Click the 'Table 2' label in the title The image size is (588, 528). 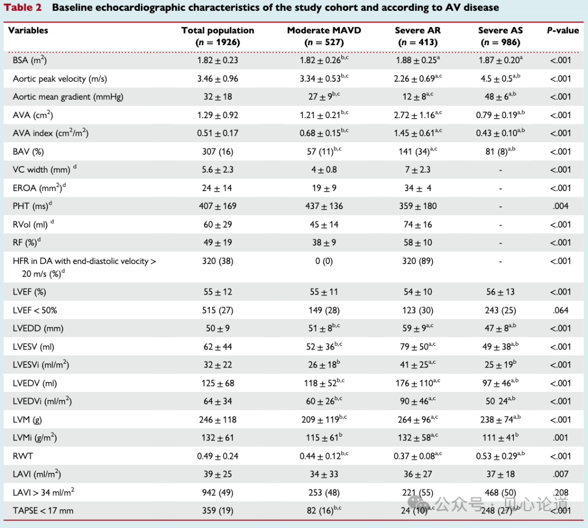(x=23, y=8)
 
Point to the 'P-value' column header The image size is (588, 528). (x=563, y=30)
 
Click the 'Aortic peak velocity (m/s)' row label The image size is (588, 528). (x=60, y=79)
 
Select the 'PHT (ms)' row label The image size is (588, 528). (x=32, y=206)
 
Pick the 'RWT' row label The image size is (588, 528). (x=23, y=456)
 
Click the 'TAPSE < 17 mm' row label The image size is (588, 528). (x=43, y=511)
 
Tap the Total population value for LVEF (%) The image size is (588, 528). (x=218, y=292)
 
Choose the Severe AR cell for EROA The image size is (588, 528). (x=418, y=188)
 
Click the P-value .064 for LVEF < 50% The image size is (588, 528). (x=561, y=310)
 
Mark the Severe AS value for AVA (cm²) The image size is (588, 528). (x=500, y=115)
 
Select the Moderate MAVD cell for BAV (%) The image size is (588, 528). (x=324, y=151)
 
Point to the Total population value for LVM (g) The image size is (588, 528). (x=218, y=420)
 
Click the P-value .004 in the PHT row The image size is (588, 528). (x=561, y=206)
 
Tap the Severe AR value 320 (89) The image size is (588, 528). (x=418, y=261)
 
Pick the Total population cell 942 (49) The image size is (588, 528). (x=218, y=493)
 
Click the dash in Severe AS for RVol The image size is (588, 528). (x=501, y=225)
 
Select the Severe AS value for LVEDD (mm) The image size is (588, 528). (x=500, y=328)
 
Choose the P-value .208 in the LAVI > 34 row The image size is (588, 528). (x=561, y=493)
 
